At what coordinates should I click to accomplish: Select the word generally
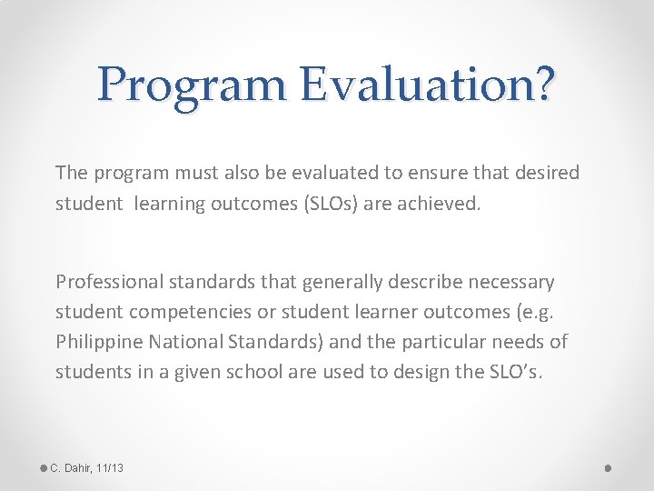click(x=341, y=282)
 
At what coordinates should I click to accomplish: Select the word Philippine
click(x=95, y=341)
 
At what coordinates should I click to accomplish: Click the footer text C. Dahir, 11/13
click(x=87, y=467)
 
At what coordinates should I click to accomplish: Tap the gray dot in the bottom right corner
click(x=608, y=467)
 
